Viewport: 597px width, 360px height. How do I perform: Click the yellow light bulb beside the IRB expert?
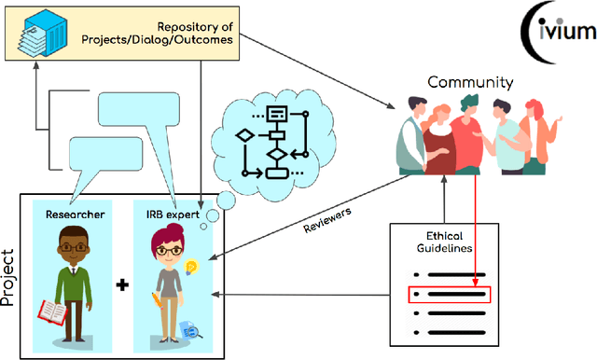coord(192,269)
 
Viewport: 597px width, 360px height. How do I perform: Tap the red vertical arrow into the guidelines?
coord(476,215)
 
